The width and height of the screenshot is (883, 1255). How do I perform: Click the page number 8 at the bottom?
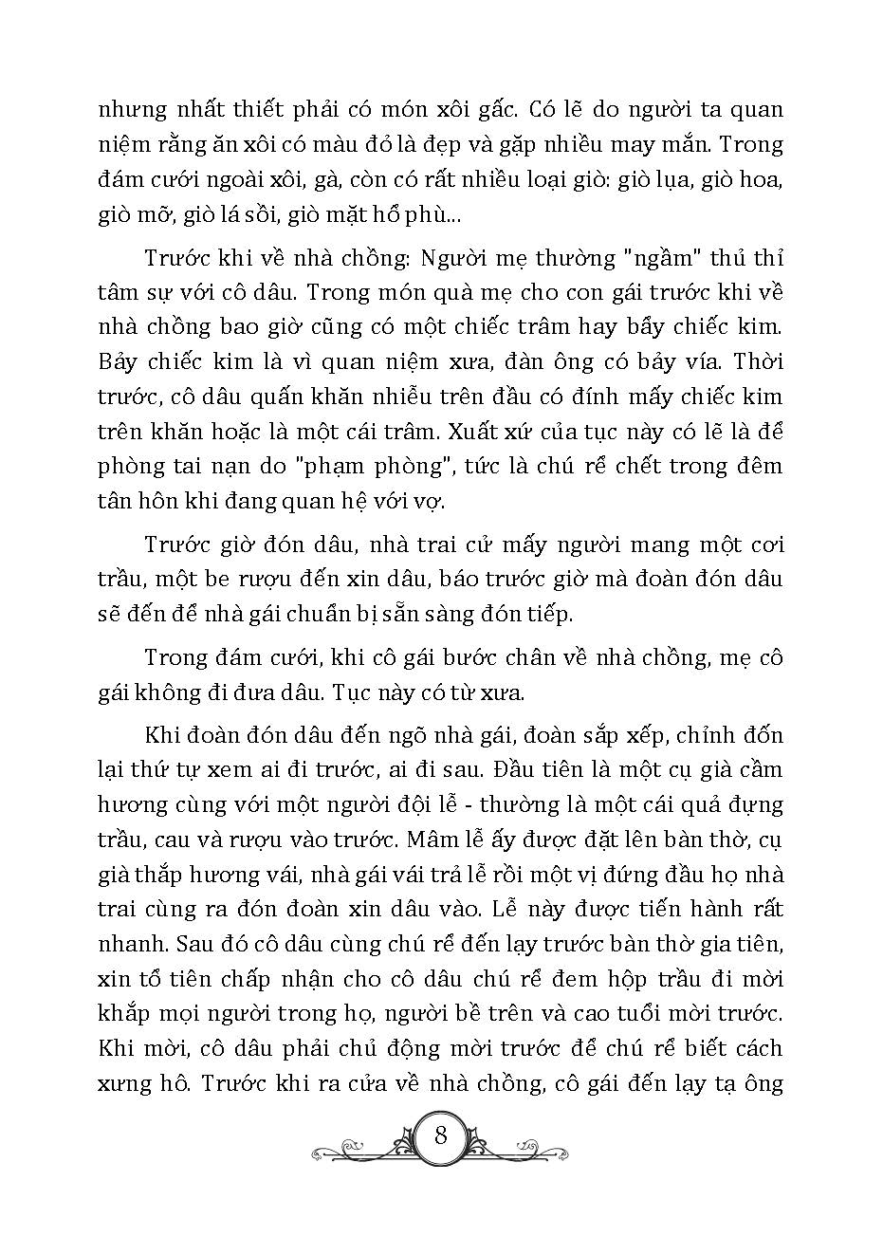click(x=440, y=1134)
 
